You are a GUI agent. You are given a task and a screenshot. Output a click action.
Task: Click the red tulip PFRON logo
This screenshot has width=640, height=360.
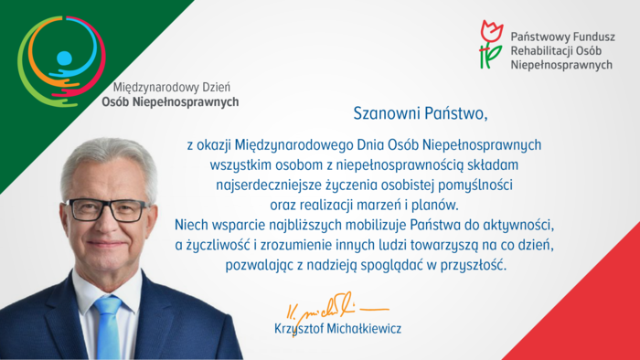tap(491, 43)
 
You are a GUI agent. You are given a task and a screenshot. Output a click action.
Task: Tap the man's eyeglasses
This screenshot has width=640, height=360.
tap(107, 209)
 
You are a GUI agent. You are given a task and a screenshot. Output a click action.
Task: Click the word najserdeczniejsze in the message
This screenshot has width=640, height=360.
tap(258, 184)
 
